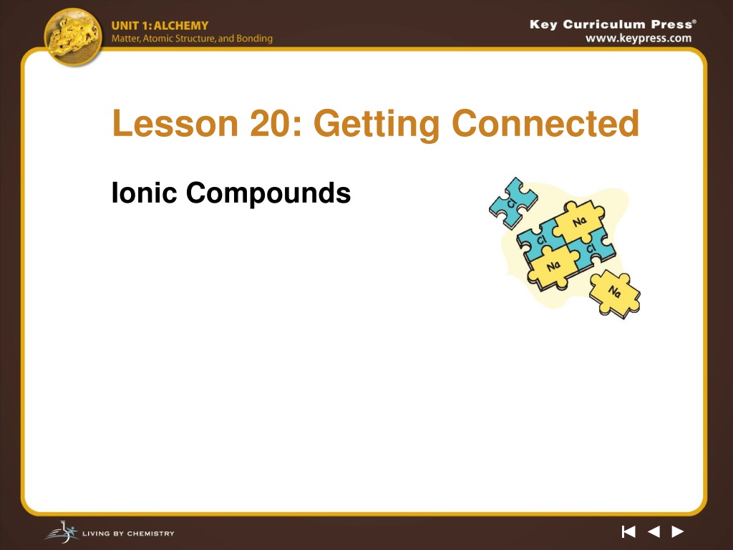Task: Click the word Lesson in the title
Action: (x=175, y=123)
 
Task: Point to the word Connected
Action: (x=545, y=123)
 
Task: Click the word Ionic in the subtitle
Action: (x=144, y=193)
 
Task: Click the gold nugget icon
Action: (x=73, y=37)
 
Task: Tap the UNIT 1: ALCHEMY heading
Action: (x=160, y=26)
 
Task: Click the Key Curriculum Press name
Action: (x=613, y=24)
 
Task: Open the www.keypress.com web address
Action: (x=639, y=39)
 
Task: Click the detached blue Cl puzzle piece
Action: (x=513, y=203)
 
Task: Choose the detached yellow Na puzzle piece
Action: (x=615, y=294)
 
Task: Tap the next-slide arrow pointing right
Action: (x=678, y=532)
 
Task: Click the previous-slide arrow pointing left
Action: (x=654, y=532)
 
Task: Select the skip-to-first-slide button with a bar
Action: (x=628, y=532)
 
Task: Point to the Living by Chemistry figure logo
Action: (x=62, y=532)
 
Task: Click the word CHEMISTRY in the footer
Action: (x=150, y=533)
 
